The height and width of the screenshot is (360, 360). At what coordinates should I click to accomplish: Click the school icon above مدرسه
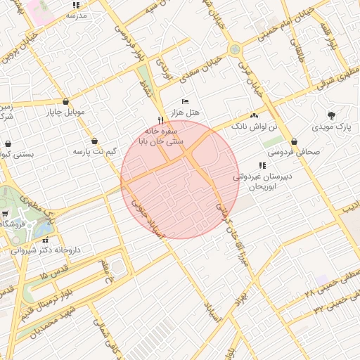click(76, 5)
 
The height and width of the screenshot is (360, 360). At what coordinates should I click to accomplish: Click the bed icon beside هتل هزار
click(186, 102)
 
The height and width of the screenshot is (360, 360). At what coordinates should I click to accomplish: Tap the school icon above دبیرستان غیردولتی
click(262, 166)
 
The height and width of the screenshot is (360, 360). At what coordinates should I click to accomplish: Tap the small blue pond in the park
click(44, 229)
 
